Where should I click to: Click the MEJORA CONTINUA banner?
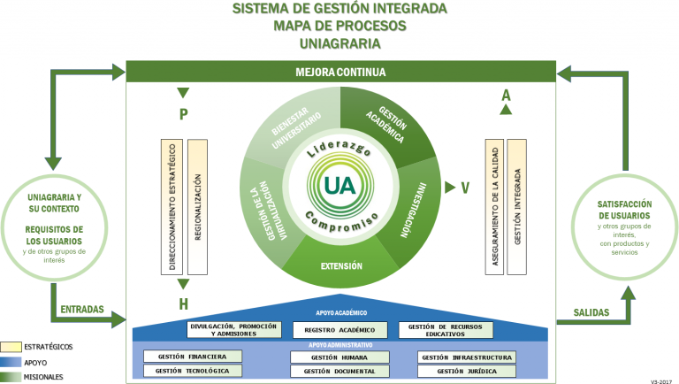tap(340, 72)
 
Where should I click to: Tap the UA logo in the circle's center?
tap(340, 186)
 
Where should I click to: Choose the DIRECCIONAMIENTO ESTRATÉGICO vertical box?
tap(172, 207)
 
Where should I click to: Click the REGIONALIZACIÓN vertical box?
tap(197, 207)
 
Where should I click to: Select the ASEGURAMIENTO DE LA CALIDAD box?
tap(494, 207)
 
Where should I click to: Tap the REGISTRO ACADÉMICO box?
tap(339, 330)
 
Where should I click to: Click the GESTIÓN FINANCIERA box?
tap(193, 357)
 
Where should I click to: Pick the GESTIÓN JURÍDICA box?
tap(467, 371)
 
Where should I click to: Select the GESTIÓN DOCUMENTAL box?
tap(339, 371)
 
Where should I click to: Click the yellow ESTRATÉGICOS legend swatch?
tap(11, 347)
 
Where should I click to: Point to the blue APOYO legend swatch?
tap(11, 363)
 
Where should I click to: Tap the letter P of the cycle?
tap(184, 114)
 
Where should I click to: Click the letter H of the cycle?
tap(184, 304)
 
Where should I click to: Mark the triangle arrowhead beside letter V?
tap(450, 188)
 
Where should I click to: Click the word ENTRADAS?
tap(82, 309)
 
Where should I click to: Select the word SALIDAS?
tap(591, 312)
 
